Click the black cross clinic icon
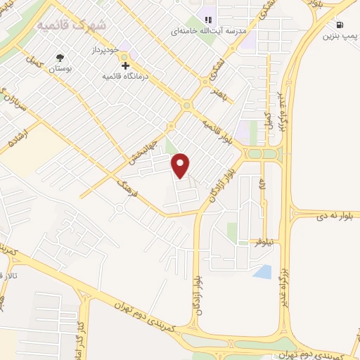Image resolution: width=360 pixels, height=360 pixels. coord(125,65)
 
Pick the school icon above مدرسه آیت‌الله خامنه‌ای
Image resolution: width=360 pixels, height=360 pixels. coord(207,19)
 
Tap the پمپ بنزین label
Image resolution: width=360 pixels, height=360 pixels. coord(337,36)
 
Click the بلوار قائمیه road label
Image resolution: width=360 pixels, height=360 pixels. coord(217,128)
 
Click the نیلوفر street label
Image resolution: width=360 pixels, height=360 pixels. coord(264,241)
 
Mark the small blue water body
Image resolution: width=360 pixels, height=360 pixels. coord(262,271)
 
